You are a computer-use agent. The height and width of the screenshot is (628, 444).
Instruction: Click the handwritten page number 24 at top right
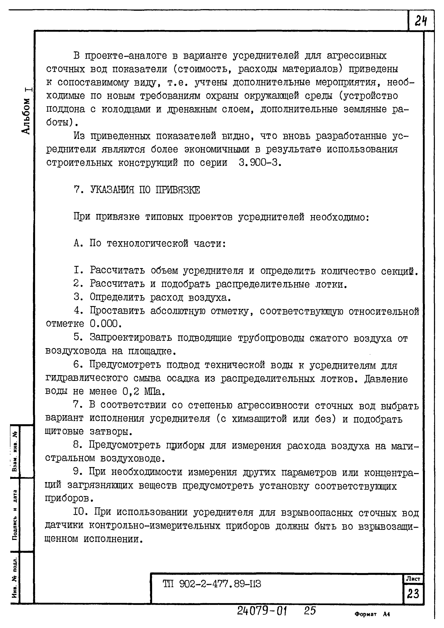click(421, 21)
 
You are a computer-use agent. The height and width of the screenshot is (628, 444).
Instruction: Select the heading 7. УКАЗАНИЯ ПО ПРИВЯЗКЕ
click(137, 190)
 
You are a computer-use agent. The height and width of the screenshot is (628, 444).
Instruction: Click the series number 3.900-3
click(259, 163)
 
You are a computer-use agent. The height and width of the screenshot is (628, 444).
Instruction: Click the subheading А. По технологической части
click(150, 243)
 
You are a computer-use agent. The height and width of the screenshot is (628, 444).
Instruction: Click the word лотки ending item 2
click(328, 285)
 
